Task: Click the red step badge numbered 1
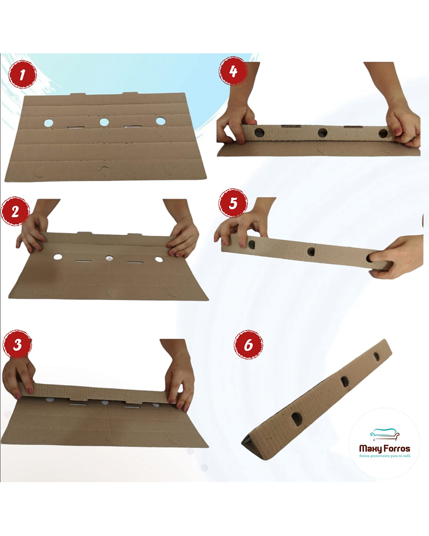(22, 74)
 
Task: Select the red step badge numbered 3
(17, 345)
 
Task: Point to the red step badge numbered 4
(233, 71)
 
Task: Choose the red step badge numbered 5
(233, 204)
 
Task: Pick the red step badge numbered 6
(249, 344)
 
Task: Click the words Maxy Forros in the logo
(385, 449)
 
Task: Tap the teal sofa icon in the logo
(385, 434)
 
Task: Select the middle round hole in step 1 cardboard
(104, 122)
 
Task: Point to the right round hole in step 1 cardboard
(160, 121)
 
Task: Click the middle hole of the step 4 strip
(323, 133)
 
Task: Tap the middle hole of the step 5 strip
(312, 252)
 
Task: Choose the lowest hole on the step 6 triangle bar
(296, 419)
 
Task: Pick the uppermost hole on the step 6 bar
(377, 357)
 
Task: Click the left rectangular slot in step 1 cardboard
(77, 128)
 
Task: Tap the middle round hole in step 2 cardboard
(109, 259)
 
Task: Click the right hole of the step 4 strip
(383, 133)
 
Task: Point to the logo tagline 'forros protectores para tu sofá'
(385, 457)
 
